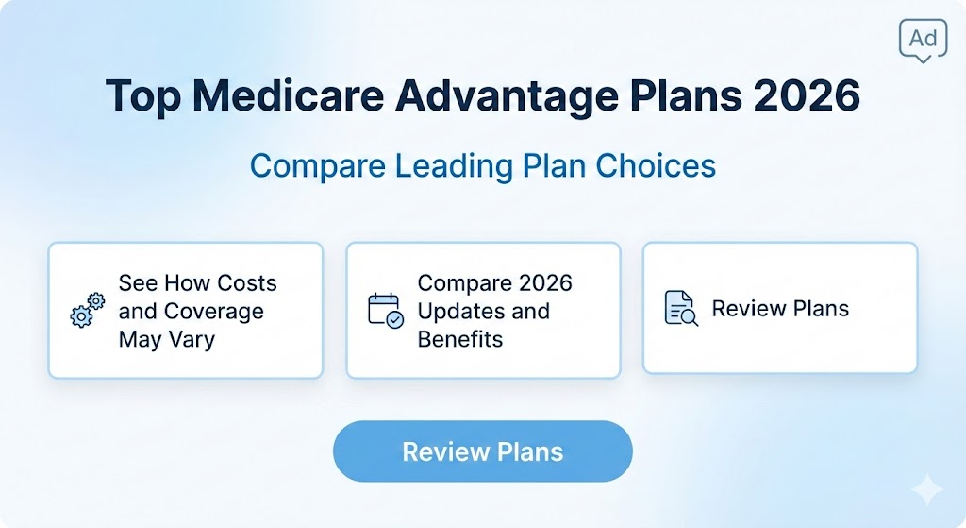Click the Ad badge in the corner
click(924, 40)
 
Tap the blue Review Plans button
click(482, 451)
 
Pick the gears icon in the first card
click(88, 311)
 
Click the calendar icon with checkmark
click(385, 311)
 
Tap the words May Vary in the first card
click(166, 338)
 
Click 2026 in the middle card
click(540, 283)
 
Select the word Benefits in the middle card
click(460, 338)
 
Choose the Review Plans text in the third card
click(780, 309)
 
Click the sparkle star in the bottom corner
click(927, 490)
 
